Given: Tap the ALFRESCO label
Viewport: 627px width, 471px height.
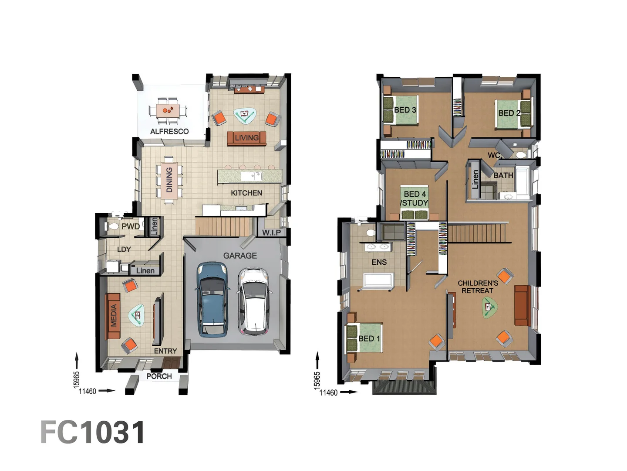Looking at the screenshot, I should tap(169, 131).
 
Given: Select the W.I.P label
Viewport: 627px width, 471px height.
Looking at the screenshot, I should tap(271, 232).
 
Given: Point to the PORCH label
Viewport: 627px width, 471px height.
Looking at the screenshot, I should tap(159, 376).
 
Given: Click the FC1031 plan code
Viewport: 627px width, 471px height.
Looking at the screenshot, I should tap(93, 433).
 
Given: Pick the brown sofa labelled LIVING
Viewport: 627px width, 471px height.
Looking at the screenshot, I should tap(246, 138).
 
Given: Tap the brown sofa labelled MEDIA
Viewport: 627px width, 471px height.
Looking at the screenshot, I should tap(113, 315).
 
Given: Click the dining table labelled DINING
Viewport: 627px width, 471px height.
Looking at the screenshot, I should tap(169, 180).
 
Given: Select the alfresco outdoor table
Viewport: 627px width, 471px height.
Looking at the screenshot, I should tap(168, 110).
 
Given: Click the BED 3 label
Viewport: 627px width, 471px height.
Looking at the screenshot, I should tap(405, 110).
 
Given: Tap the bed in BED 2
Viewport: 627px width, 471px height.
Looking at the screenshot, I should tap(514, 113).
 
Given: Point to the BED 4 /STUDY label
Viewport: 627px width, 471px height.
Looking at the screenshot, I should tap(415, 198).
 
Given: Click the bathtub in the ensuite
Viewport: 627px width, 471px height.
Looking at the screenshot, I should tap(378, 280).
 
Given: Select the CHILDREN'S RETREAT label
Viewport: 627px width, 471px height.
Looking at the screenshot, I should tap(478, 287).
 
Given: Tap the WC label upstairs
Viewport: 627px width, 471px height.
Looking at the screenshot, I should tap(493, 155).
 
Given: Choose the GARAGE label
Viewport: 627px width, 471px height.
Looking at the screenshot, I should tap(240, 256).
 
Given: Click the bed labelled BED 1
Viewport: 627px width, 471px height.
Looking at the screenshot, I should tap(364, 338).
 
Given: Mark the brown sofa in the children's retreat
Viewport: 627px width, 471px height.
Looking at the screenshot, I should tap(521, 305).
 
